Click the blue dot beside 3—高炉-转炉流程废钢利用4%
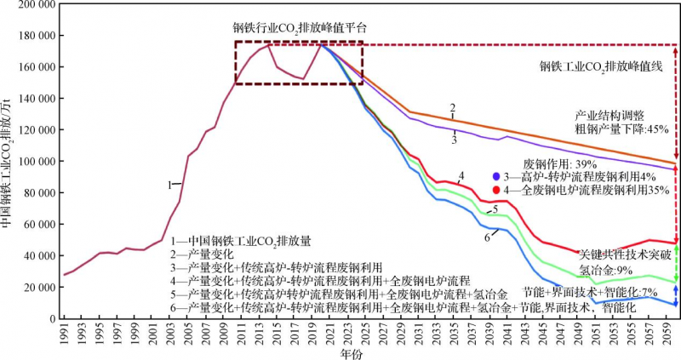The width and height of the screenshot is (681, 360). (x=498, y=175)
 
